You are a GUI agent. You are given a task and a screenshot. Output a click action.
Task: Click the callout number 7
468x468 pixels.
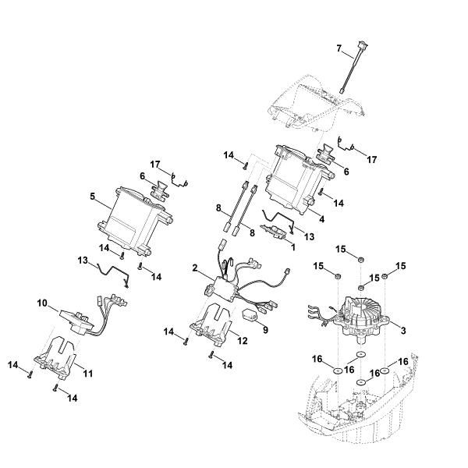point(339,48)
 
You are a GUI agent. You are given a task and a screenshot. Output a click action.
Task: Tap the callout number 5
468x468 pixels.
point(93,197)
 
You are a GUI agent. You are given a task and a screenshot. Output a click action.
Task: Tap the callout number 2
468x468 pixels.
point(195,268)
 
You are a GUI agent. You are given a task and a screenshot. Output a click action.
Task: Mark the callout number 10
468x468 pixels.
point(43,303)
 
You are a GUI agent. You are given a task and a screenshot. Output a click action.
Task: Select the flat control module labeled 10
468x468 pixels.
point(74,316)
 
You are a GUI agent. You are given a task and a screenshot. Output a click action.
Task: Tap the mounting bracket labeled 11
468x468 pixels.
point(58,355)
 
